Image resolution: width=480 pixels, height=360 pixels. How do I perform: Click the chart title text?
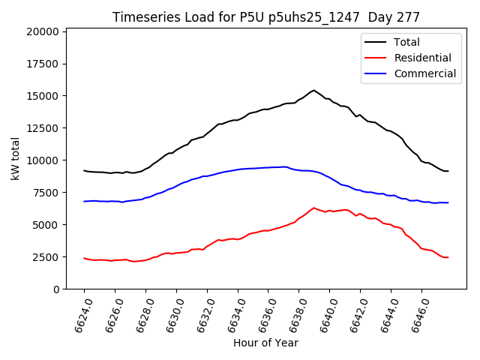[x=266, y=17]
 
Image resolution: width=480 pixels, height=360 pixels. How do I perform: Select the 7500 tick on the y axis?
[x=45, y=193]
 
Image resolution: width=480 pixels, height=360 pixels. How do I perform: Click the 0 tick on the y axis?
[x=56, y=289]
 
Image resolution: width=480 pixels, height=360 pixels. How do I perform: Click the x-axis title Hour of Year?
[x=265, y=343]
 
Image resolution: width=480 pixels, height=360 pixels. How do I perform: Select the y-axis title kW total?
[x=16, y=158]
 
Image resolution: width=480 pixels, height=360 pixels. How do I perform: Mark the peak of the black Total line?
[x=313, y=90]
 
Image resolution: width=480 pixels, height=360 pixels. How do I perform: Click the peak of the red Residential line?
[x=313, y=208]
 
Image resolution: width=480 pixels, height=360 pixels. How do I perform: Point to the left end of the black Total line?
[x=84, y=170]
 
